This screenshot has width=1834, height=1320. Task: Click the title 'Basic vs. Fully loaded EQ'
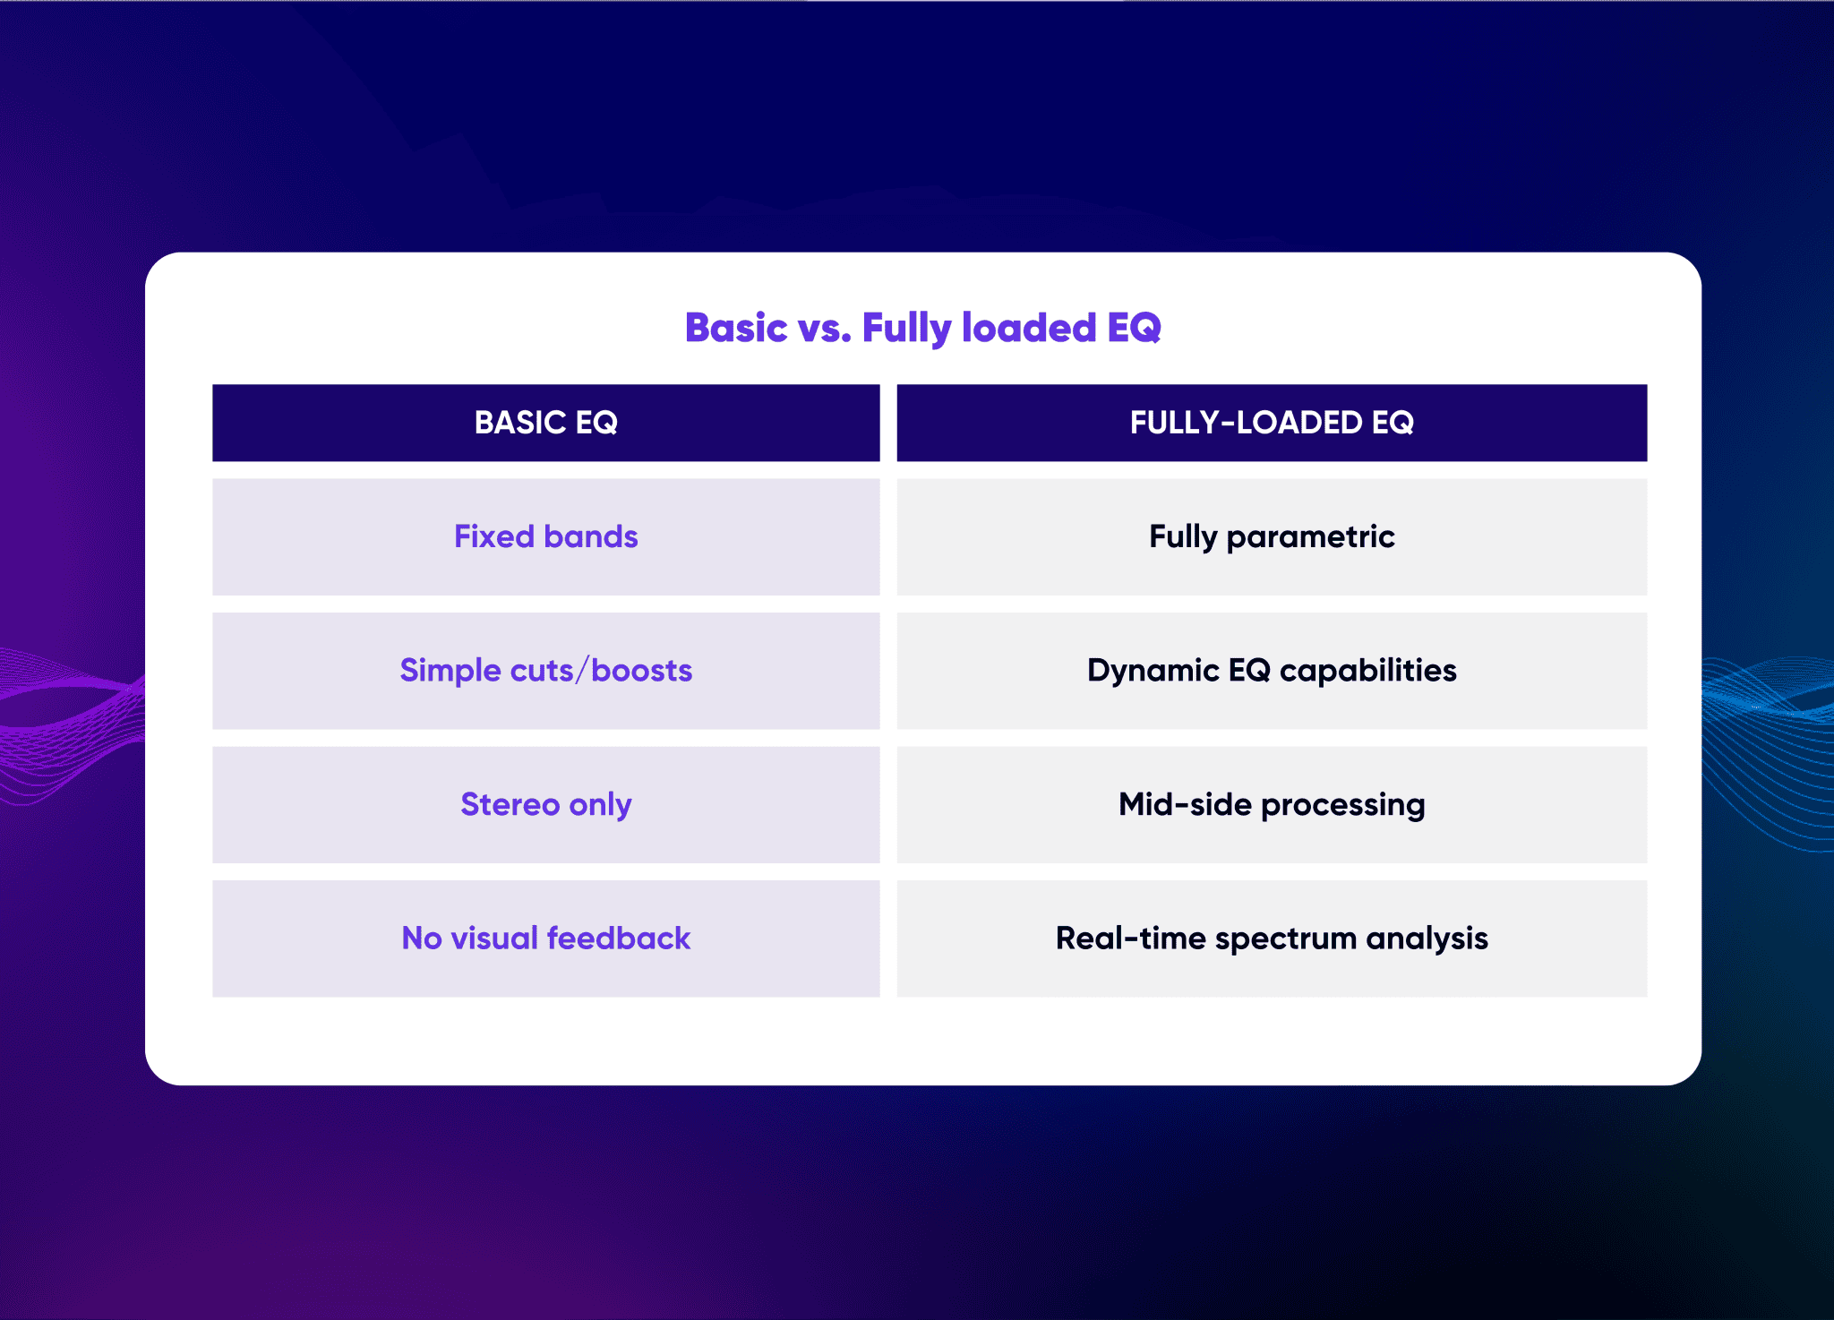[922, 328]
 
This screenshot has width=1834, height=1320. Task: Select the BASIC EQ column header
[546, 423]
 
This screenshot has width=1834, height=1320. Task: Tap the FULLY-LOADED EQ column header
[1272, 423]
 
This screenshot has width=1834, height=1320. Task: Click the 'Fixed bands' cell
[546, 536]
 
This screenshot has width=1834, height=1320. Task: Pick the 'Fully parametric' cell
[1272, 536]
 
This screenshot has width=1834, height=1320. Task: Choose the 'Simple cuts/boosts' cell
[546, 671]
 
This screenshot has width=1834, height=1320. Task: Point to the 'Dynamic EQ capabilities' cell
[1272, 671]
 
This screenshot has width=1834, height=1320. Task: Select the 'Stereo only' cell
[546, 804]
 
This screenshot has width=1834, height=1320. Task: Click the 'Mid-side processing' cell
[1272, 804]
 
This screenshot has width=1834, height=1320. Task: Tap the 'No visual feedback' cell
[546, 939]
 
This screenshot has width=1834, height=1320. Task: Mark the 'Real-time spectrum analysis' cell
[1272, 939]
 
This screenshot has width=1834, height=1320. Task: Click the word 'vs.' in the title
[824, 330]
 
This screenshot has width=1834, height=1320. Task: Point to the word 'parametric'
[1310, 538]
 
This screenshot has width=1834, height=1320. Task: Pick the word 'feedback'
[619, 938]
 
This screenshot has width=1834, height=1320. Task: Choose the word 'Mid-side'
[1186, 804]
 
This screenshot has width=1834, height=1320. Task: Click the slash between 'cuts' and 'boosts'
[583, 671]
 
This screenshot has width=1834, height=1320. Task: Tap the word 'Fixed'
[494, 536]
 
